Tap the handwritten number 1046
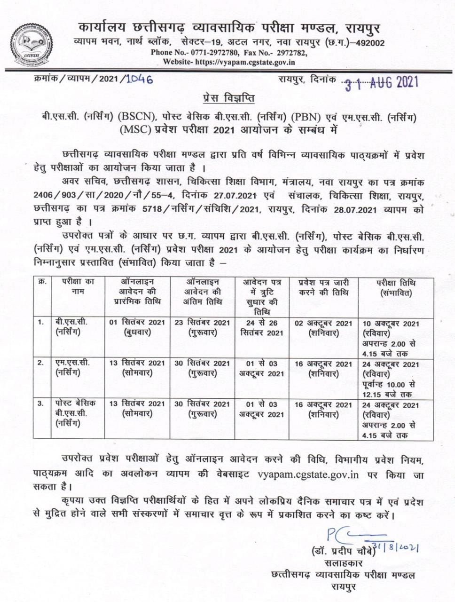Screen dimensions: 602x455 (139, 79)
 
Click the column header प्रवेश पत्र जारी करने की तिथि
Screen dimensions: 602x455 (324, 287)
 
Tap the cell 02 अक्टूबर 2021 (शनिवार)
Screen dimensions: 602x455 (323, 327)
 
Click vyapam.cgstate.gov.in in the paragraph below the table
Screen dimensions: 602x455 (308, 474)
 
